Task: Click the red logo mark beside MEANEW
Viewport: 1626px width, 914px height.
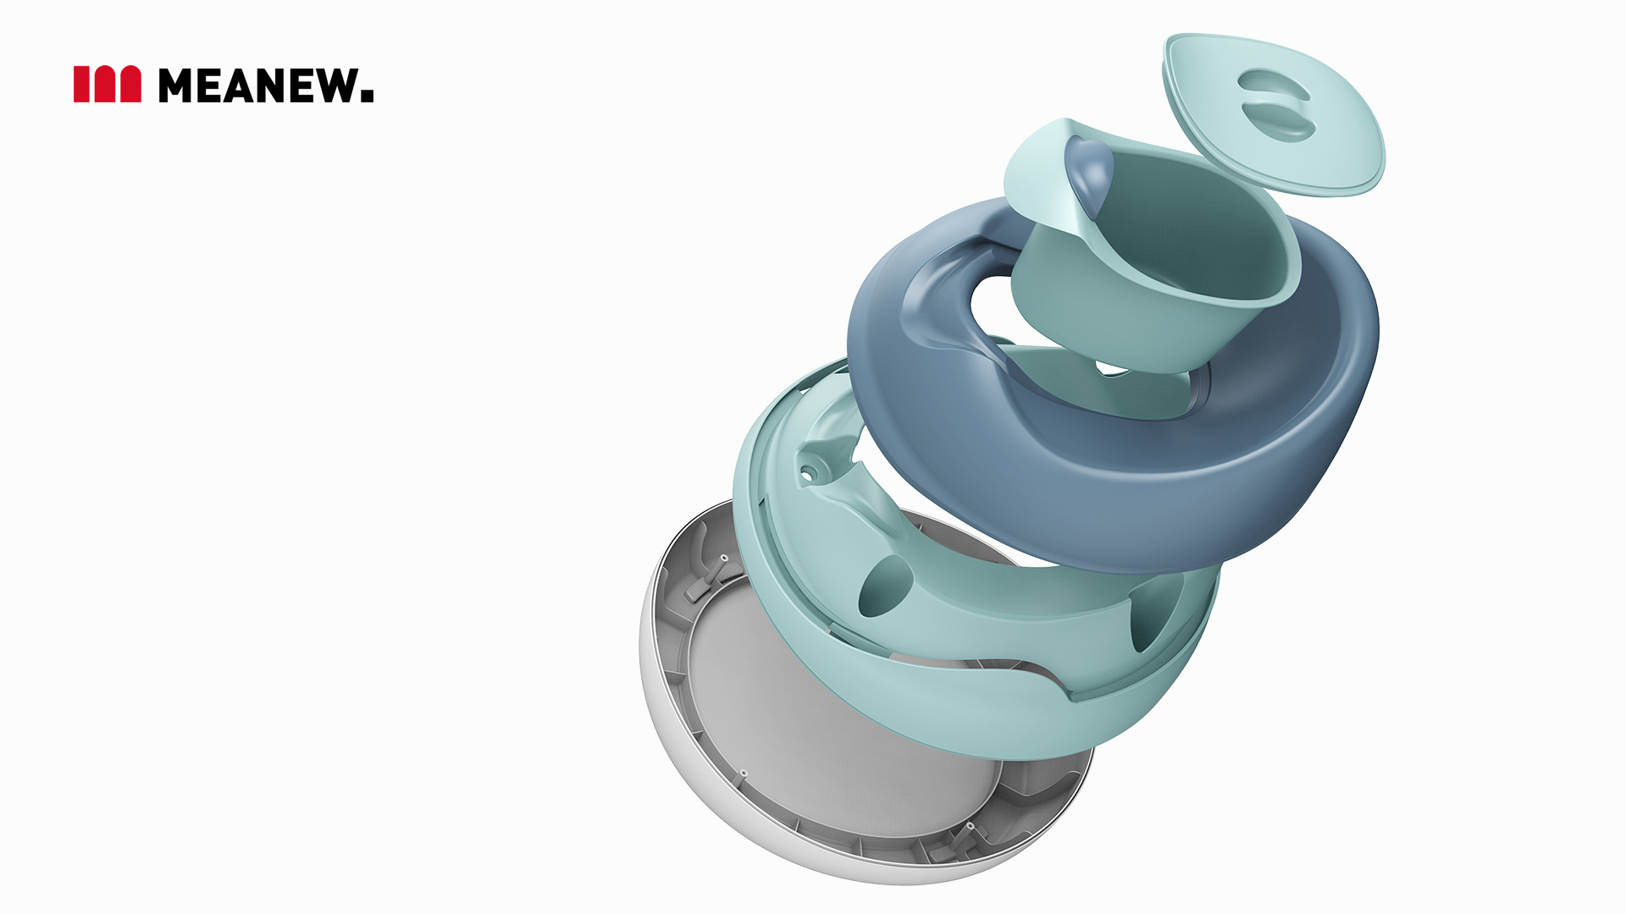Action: coord(107,85)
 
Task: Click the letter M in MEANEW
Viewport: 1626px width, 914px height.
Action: coord(176,85)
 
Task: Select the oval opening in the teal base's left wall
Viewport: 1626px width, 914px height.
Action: coord(884,586)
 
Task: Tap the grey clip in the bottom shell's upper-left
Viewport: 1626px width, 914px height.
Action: coord(707,580)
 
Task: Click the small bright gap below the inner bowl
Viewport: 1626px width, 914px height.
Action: coord(1111,369)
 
